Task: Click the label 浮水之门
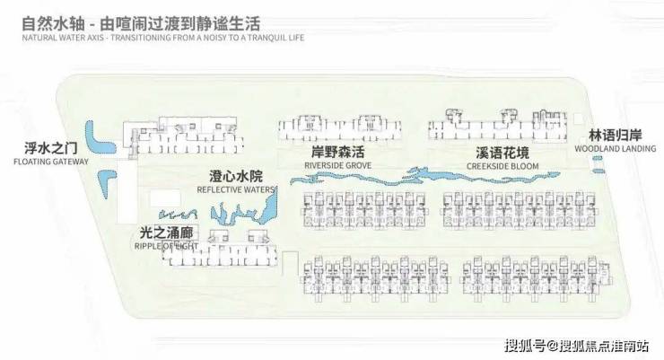(52, 150)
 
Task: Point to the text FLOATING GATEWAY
(51, 162)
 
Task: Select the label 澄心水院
(235, 177)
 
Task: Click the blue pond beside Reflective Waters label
(232, 214)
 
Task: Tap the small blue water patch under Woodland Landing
(598, 163)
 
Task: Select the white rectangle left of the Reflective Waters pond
(164, 198)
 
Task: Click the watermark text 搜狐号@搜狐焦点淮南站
(579, 345)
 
